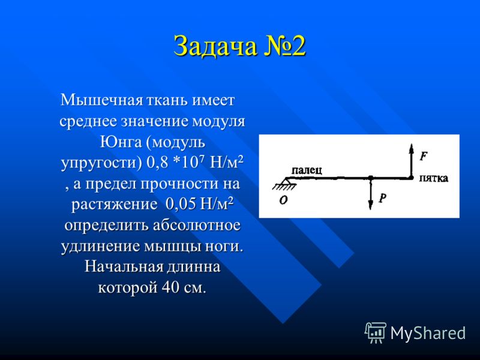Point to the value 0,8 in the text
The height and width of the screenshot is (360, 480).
coord(157,163)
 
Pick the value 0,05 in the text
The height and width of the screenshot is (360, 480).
coord(180,204)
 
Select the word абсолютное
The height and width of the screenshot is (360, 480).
coord(197,225)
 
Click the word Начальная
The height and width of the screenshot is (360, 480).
coord(124,266)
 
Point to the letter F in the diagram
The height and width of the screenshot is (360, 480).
coord(424,157)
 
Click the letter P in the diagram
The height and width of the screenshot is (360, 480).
coord(382,198)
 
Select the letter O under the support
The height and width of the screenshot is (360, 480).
coord(283,200)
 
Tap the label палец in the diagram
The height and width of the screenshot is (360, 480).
coord(307,170)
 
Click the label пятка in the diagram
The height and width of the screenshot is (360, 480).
coord(433,178)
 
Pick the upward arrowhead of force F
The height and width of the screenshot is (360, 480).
coord(412,148)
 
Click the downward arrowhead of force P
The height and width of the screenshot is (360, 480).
coord(370,205)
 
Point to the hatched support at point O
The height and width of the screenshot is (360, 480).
coord(284,184)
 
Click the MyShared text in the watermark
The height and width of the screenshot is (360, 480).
coord(428,333)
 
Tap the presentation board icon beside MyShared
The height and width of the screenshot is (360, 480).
coord(376,332)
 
